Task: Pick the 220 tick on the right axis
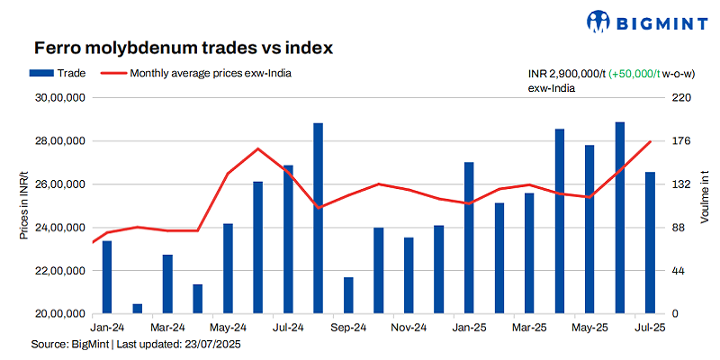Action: click(x=681, y=98)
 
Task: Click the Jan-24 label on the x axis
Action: click(x=107, y=328)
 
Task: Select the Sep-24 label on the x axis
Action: click(x=348, y=328)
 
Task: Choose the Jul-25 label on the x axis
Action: click(x=650, y=328)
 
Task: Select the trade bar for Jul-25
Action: click(x=650, y=243)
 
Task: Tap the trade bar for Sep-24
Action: click(x=348, y=295)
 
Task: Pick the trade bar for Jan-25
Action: click(x=469, y=238)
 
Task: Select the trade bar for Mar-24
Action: click(x=167, y=284)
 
